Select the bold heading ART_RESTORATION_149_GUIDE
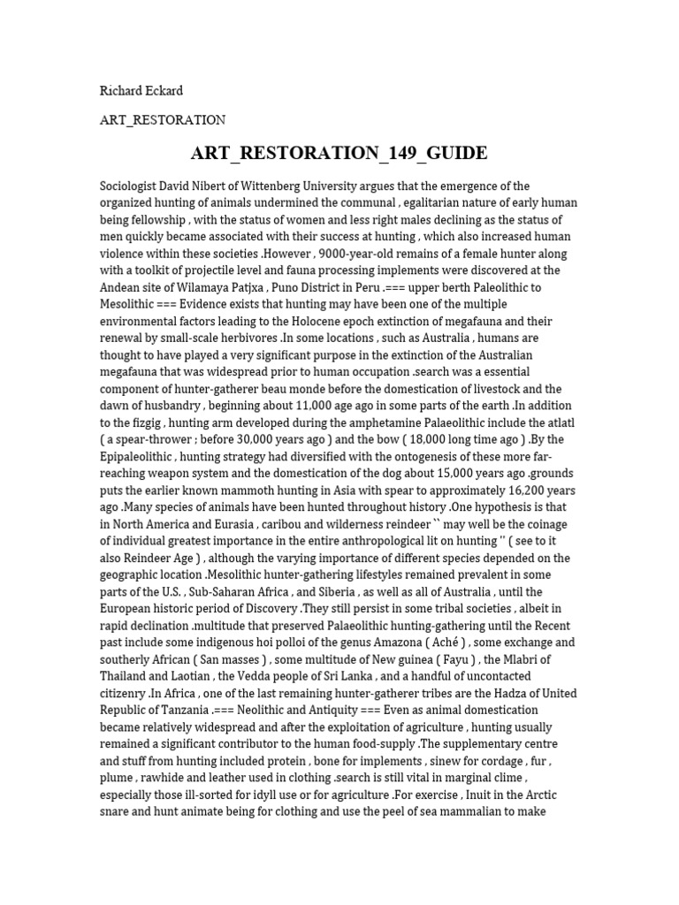point(339,153)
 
